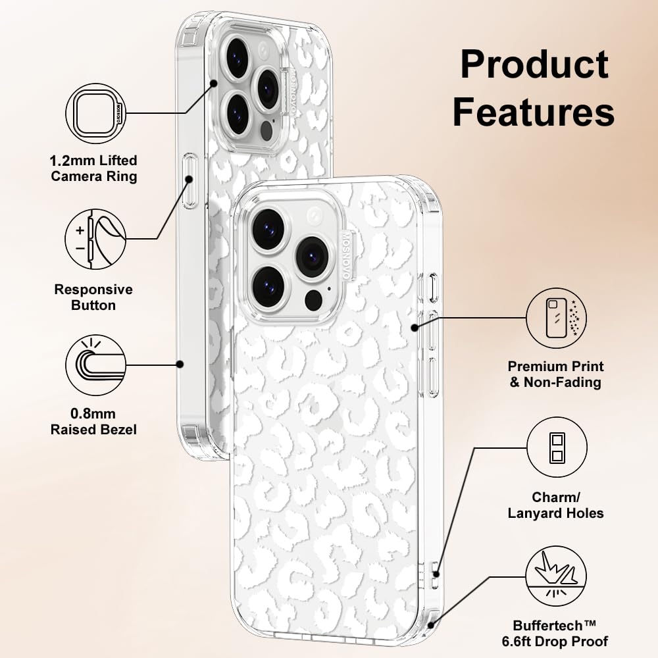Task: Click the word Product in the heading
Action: coord(534,64)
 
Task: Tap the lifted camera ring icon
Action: coord(96,114)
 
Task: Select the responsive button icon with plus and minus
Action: coord(95,240)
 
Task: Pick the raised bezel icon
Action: coord(95,365)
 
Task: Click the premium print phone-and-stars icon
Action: coord(557,318)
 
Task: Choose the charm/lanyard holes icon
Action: coord(557,447)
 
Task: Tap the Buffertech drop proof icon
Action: coord(557,576)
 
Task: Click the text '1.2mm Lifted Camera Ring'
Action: coord(93,168)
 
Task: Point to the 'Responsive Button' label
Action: coord(93,297)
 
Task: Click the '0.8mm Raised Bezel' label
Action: coord(93,422)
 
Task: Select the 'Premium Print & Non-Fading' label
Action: coord(555,374)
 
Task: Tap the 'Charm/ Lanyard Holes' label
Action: coord(555,505)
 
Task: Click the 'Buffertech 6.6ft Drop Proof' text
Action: coord(555,634)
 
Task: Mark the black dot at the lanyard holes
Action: coord(436,574)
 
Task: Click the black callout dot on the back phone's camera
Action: coord(214,84)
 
